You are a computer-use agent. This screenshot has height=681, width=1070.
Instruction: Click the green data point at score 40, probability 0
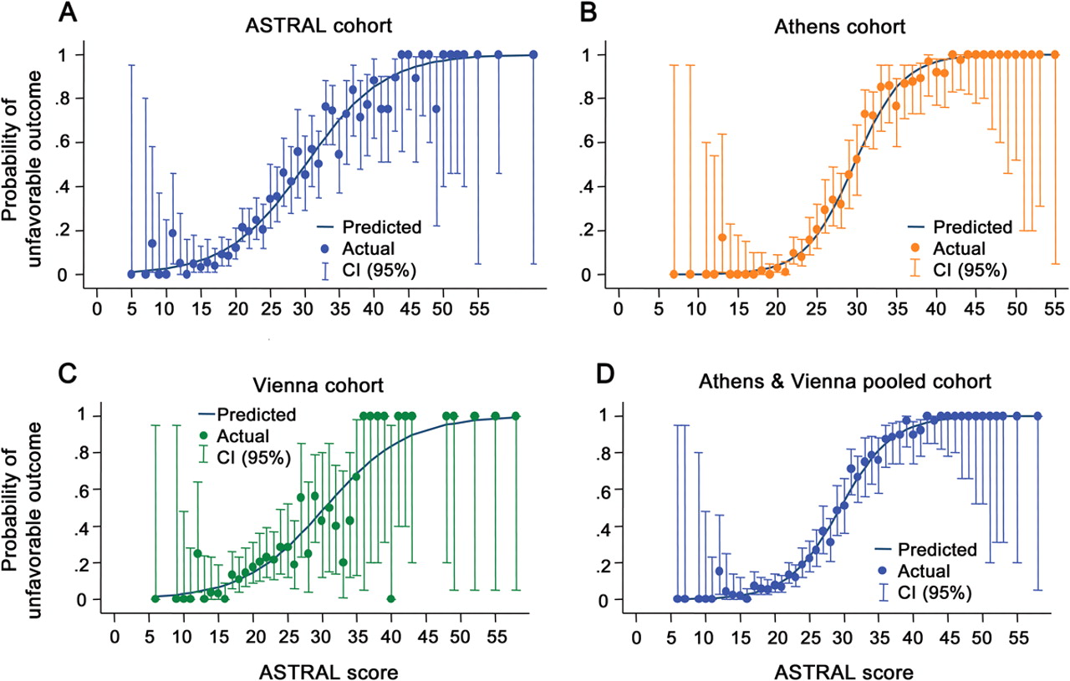pos(390,599)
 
